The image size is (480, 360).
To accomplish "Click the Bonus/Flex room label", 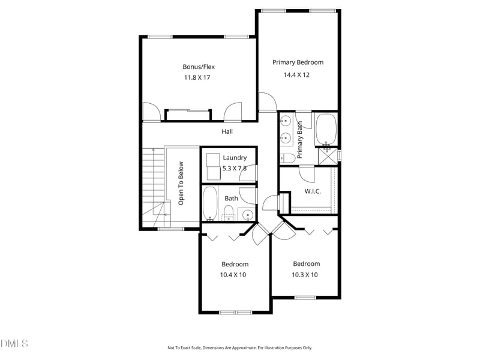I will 199,67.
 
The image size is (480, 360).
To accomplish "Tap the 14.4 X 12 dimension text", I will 298,75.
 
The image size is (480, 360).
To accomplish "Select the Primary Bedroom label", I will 298,62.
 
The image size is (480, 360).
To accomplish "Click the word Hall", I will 227,131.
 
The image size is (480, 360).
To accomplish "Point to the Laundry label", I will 235,158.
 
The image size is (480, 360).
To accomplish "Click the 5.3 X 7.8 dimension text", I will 235,168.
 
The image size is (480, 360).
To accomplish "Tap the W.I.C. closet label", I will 313,191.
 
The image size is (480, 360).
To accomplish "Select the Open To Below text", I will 181,184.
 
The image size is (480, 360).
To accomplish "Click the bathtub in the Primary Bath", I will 326,129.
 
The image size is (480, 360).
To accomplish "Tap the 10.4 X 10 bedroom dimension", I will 234,275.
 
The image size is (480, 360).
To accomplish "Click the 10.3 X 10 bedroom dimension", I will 305,275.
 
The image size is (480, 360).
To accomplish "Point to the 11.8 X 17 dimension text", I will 199,78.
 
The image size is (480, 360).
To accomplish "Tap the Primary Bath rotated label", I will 299,139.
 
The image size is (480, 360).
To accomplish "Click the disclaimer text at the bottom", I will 239,347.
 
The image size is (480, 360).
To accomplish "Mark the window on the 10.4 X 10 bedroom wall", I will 235,312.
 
